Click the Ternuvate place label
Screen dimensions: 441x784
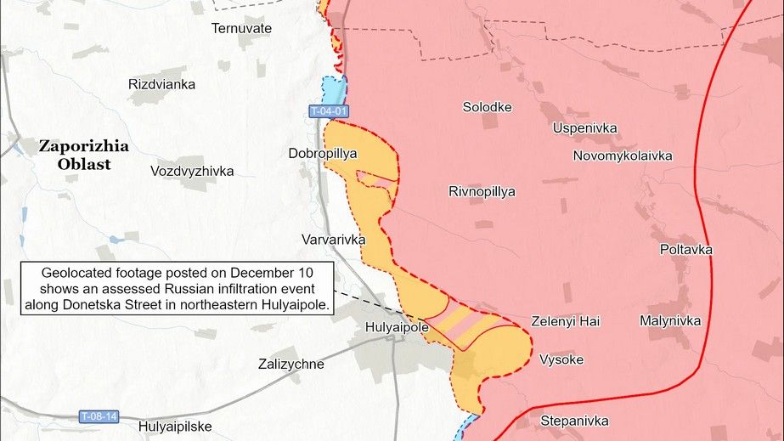(241, 28)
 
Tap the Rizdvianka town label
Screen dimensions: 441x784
(161, 84)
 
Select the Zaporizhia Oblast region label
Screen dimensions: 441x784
(84, 155)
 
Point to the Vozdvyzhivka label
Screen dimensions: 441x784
(192, 171)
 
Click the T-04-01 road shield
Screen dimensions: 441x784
(329, 111)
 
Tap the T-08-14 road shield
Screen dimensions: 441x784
(99, 416)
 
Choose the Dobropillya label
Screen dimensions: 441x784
(322, 154)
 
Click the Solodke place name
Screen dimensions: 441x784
(487, 107)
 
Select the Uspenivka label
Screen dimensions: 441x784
(584, 128)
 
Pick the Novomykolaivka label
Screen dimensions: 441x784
(623, 155)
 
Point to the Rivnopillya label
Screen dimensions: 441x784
(482, 191)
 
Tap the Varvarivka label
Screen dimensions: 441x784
(333, 240)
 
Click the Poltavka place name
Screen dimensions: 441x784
(685, 249)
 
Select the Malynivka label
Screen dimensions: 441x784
(670, 320)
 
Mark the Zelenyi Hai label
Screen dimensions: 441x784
(565, 321)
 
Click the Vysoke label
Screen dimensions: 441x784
(561, 359)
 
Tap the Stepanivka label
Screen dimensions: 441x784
(574, 421)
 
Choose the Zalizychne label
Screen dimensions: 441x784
(290, 364)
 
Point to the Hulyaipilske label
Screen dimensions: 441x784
(175, 427)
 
